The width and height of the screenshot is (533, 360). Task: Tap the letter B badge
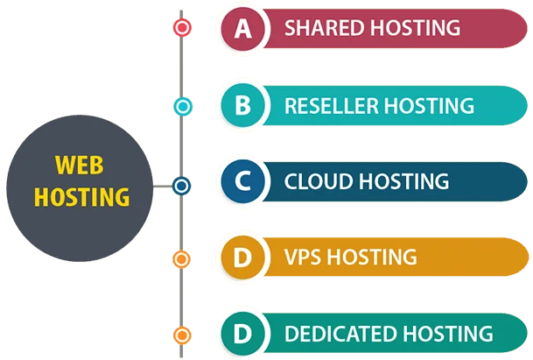click(242, 106)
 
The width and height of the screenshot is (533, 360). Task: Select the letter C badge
click(242, 182)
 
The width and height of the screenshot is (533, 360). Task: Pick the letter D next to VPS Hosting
click(242, 258)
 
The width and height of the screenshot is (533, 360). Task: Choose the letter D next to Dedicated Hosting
click(242, 335)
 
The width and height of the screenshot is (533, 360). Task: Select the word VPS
click(302, 258)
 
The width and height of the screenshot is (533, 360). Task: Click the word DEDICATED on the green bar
click(339, 335)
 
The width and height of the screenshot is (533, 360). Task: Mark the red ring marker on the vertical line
click(182, 28)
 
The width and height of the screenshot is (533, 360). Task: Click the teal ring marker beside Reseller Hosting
click(182, 106)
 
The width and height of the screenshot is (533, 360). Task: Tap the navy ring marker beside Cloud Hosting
click(182, 186)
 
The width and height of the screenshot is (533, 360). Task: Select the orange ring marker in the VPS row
click(182, 258)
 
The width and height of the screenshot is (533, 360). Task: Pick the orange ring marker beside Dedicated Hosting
click(182, 335)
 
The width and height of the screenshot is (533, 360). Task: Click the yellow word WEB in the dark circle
click(79, 165)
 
